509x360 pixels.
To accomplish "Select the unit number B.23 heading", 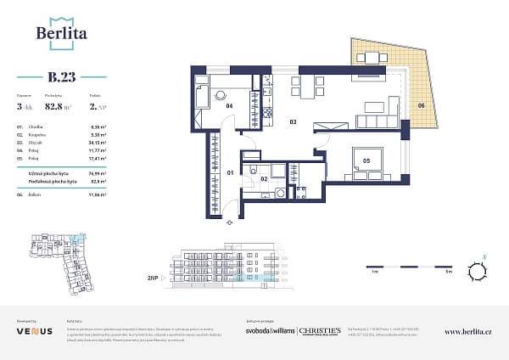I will pos(62,78).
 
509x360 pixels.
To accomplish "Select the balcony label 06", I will pos(421,106).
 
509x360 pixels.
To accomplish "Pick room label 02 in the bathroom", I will pos(265,179).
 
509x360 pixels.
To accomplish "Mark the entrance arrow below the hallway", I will pos(229,222).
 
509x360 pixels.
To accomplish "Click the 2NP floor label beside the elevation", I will pos(153,278).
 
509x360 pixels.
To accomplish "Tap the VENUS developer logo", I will pos(34,331).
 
